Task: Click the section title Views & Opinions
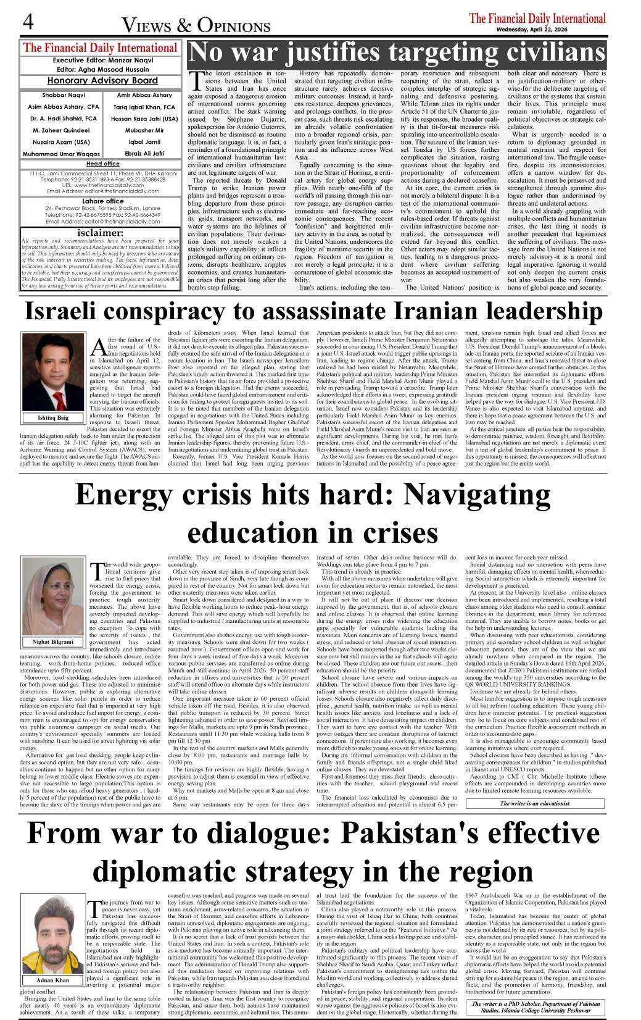(x=196, y=25)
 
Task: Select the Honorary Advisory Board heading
(x=102, y=81)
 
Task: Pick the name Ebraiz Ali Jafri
(x=144, y=154)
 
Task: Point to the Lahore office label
(x=102, y=201)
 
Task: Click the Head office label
(x=103, y=164)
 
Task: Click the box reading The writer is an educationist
(x=535, y=803)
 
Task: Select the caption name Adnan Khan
(x=52, y=980)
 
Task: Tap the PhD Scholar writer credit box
(x=536, y=1007)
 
